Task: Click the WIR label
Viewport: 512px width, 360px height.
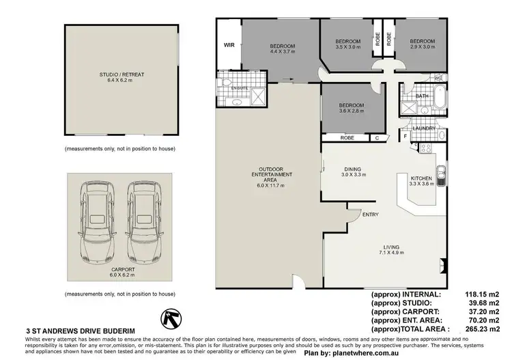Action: [229, 46]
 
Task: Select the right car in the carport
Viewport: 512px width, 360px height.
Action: [143, 223]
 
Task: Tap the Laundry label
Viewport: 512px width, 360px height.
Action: [425, 128]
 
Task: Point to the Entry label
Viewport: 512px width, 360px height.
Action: [371, 214]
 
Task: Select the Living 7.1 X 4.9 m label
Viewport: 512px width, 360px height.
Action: [390, 249]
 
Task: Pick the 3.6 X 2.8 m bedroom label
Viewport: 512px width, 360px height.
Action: [352, 109]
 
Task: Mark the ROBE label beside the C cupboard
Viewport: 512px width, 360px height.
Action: [347, 138]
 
